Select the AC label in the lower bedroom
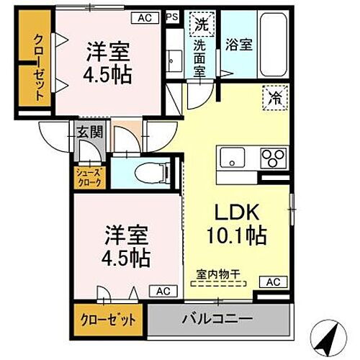pos(163,291)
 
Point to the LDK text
pos(228,213)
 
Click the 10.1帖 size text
pos(228,235)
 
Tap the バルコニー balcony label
pos(217,318)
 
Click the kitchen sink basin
pos(233,156)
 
